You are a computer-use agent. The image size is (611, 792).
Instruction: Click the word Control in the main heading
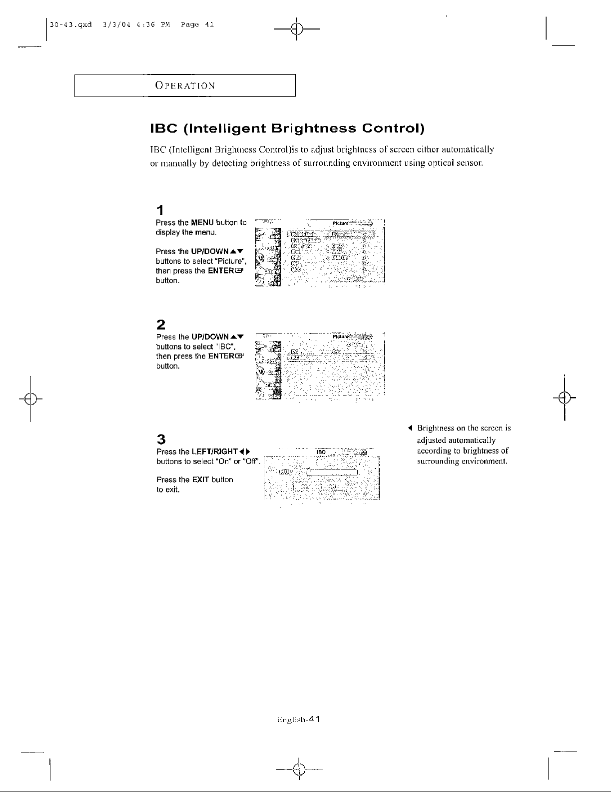coord(393,128)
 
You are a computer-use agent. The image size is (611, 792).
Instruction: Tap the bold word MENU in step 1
coord(202,222)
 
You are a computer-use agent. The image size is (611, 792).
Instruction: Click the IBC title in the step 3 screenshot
coord(321,452)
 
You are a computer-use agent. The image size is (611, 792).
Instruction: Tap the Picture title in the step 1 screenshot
coord(340,222)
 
